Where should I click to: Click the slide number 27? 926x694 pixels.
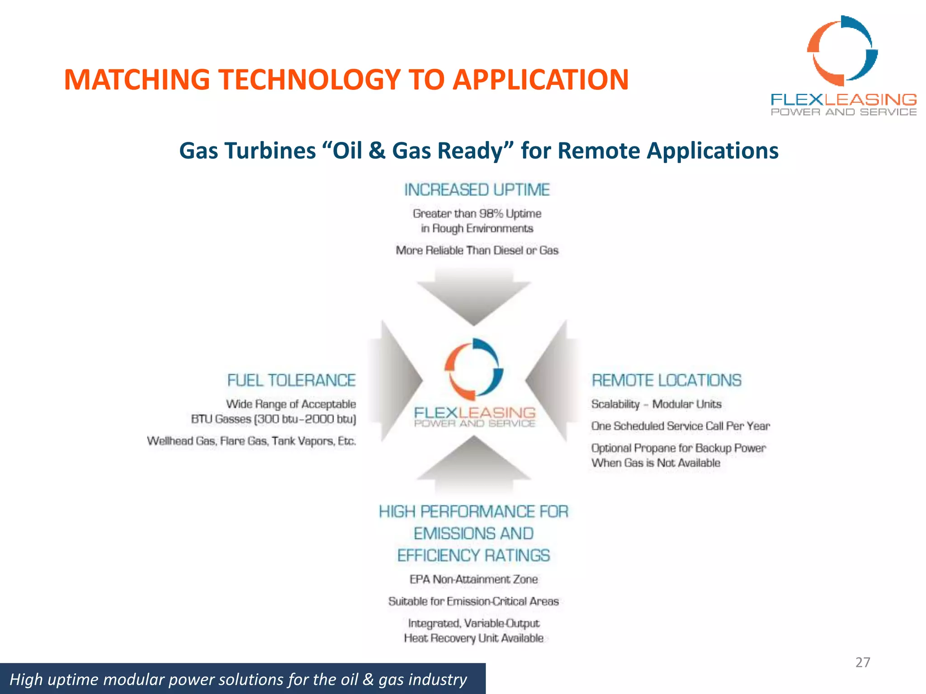click(x=862, y=662)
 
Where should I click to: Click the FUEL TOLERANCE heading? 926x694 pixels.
click(x=291, y=380)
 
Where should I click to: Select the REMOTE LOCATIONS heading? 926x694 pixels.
click(x=666, y=380)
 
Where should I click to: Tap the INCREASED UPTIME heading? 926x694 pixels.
click(x=477, y=190)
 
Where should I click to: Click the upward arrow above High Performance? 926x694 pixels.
click(x=474, y=463)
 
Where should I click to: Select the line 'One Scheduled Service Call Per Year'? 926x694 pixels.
click(x=680, y=426)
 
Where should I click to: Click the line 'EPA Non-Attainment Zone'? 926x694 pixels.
click(x=473, y=579)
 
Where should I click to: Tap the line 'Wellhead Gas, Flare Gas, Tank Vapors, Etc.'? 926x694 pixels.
click(x=251, y=441)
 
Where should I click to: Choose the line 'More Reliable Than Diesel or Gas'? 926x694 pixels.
click(x=477, y=250)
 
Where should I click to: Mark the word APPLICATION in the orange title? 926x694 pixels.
click(x=540, y=80)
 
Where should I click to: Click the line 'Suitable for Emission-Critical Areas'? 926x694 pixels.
click(x=473, y=601)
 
